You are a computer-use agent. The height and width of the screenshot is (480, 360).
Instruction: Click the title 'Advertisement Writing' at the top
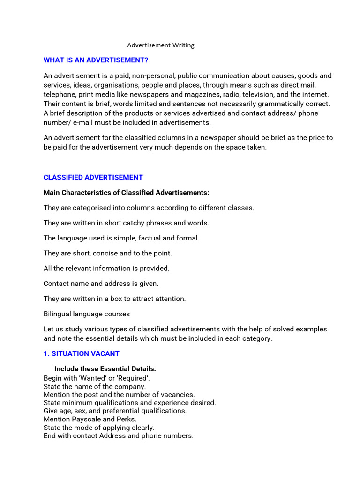(x=161, y=45)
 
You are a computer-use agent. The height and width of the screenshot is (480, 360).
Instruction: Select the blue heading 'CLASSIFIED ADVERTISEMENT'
(x=93, y=178)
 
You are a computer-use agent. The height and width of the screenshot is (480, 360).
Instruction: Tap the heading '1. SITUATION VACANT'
(x=82, y=354)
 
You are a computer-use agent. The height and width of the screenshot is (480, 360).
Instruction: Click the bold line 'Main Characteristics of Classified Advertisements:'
(x=126, y=193)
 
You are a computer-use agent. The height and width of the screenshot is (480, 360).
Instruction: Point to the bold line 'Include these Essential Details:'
(x=105, y=369)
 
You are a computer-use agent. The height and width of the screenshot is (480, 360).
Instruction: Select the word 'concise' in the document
(x=105, y=254)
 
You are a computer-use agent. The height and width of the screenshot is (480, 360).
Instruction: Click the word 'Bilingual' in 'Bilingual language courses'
(x=58, y=314)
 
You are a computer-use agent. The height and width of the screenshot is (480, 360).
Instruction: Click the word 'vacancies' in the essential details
(x=178, y=395)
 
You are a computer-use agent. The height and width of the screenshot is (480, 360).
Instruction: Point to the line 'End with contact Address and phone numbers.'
(x=118, y=436)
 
